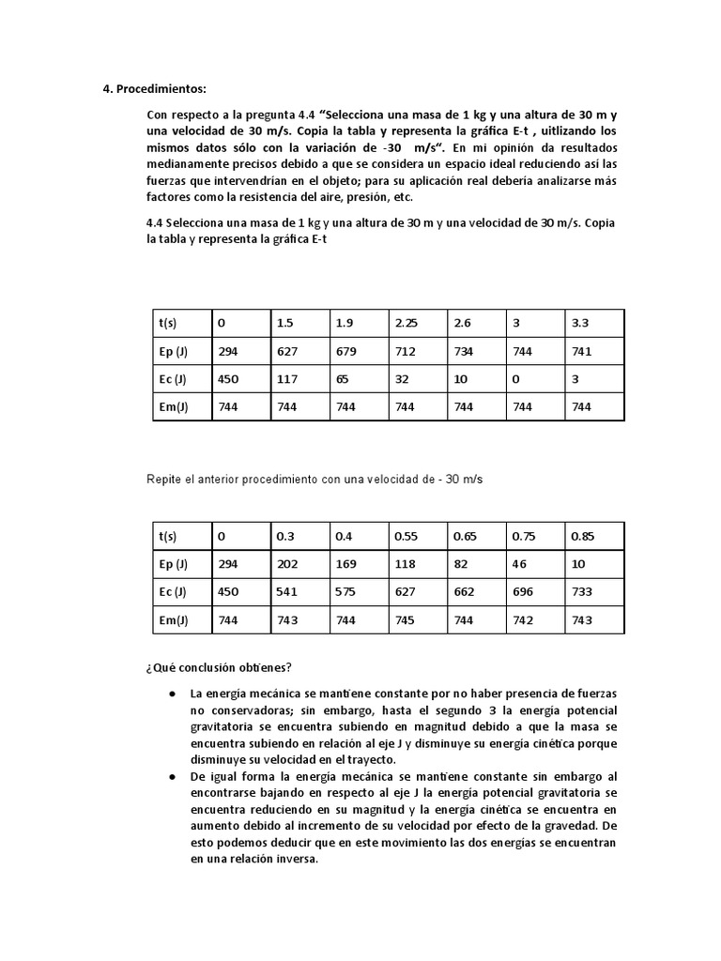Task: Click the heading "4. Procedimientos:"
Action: pos(153,89)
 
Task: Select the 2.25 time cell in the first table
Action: pos(406,323)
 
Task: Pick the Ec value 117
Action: pos(287,379)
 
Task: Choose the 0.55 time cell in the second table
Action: pos(406,536)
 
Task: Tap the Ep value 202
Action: pos(287,564)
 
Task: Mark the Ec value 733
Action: pos(582,592)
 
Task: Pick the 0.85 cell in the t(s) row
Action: pos(584,536)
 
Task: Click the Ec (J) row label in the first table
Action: pos(173,379)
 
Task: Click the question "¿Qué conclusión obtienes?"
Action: pos(218,667)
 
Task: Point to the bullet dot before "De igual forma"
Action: pos(173,778)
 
